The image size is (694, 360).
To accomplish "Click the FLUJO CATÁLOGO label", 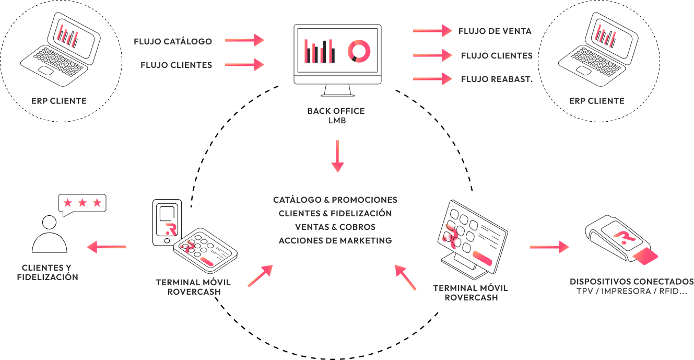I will (173, 41).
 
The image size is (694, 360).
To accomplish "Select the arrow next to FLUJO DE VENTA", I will (432, 31).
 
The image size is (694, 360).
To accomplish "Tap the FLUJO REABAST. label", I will (497, 79).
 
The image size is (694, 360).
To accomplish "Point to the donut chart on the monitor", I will (359, 51).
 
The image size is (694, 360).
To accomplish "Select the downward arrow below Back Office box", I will (338, 156).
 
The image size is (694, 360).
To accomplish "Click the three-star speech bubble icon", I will (82, 204).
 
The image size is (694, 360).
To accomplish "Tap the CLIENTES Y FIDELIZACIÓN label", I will (48, 273).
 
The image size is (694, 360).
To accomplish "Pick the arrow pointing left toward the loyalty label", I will (107, 247).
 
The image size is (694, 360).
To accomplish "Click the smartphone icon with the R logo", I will (167, 222).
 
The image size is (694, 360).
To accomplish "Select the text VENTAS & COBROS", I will (335, 227).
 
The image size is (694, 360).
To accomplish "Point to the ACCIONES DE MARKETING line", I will (335, 241).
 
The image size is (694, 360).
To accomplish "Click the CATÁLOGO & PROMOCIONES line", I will (335, 200).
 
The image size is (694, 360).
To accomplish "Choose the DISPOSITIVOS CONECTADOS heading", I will (632, 282).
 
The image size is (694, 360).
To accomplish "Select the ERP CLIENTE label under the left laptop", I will (59, 101).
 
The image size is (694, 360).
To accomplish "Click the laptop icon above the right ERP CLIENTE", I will (597, 50).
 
